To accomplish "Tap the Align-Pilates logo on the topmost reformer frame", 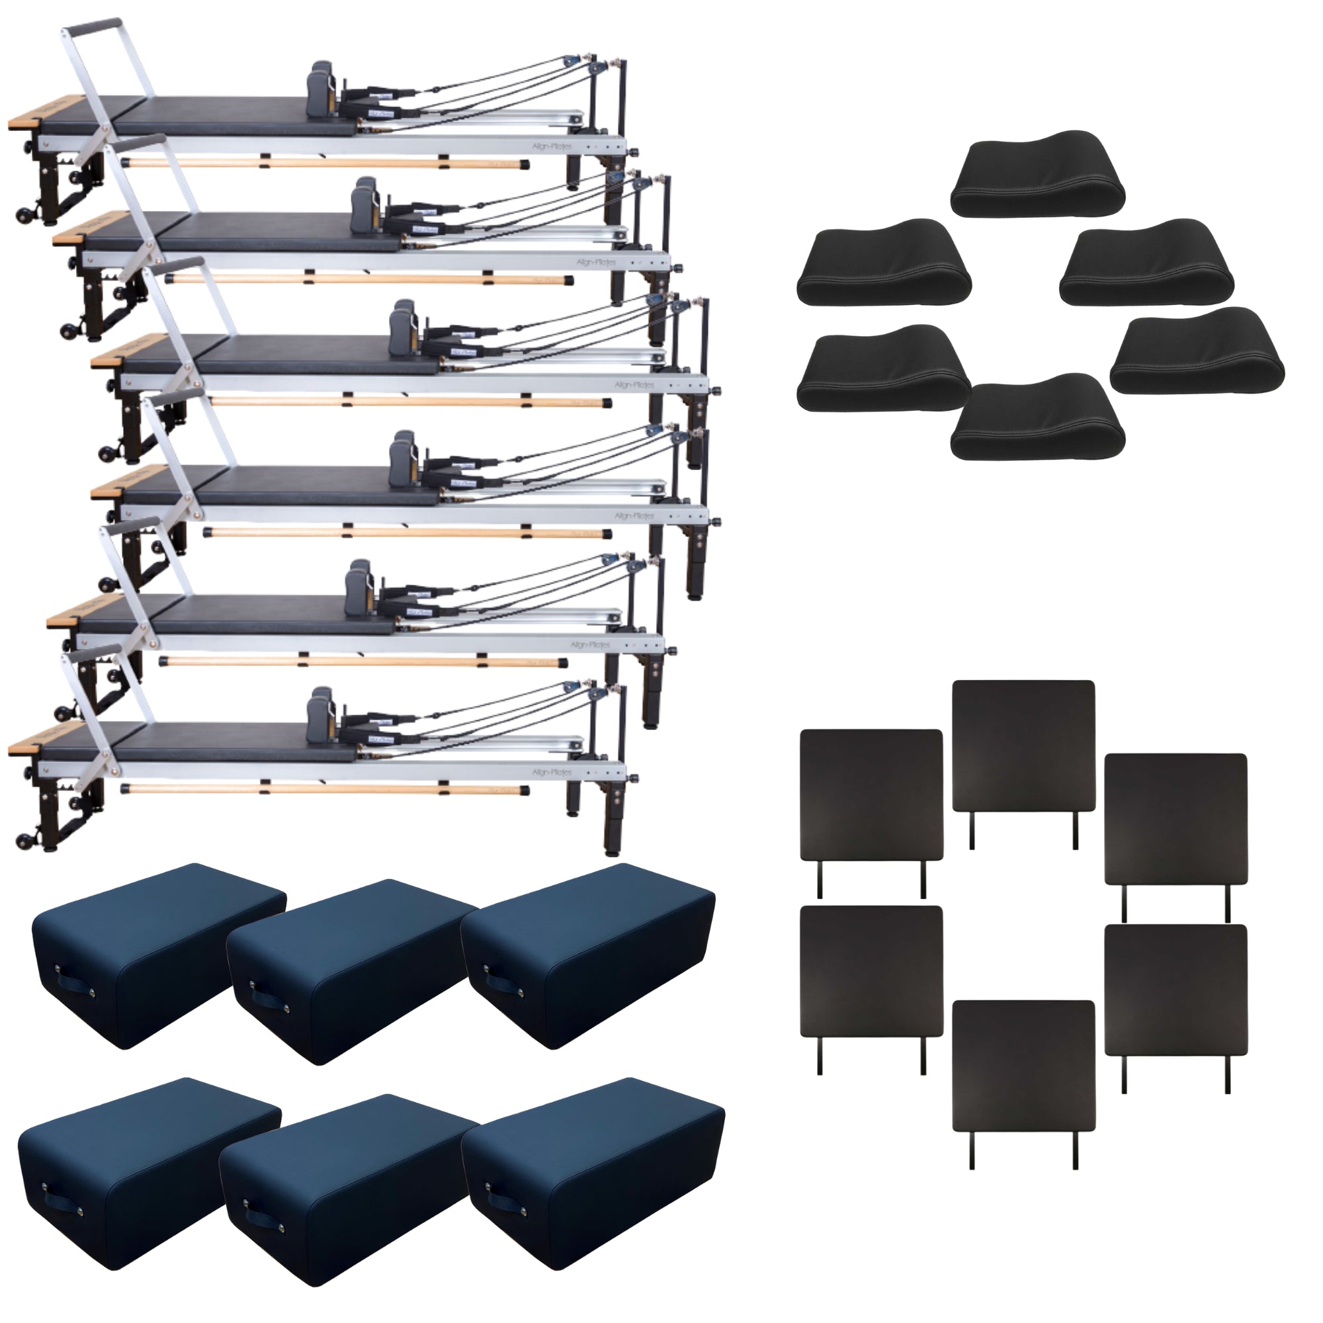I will click(x=552, y=147).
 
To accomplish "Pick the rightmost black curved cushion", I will click(x=1197, y=351).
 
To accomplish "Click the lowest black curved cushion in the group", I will click(x=1037, y=417).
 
